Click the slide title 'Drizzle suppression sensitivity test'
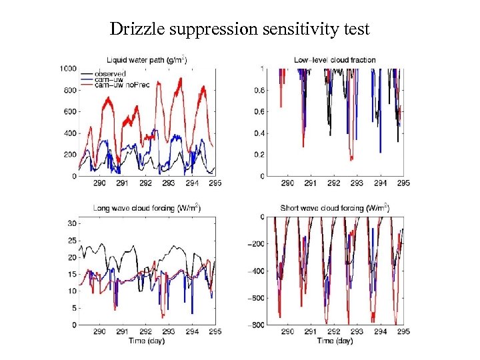tap(239, 29)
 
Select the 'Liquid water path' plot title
tap(147, 60)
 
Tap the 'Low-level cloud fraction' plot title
tap(335, 60)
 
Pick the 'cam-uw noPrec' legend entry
tap(118, 85)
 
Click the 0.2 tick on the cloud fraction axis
tap(254, 155)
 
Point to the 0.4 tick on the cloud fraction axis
tap(254, 133)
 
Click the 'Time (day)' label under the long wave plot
tap(147, 341)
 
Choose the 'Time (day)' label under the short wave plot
tap(335, 341)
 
